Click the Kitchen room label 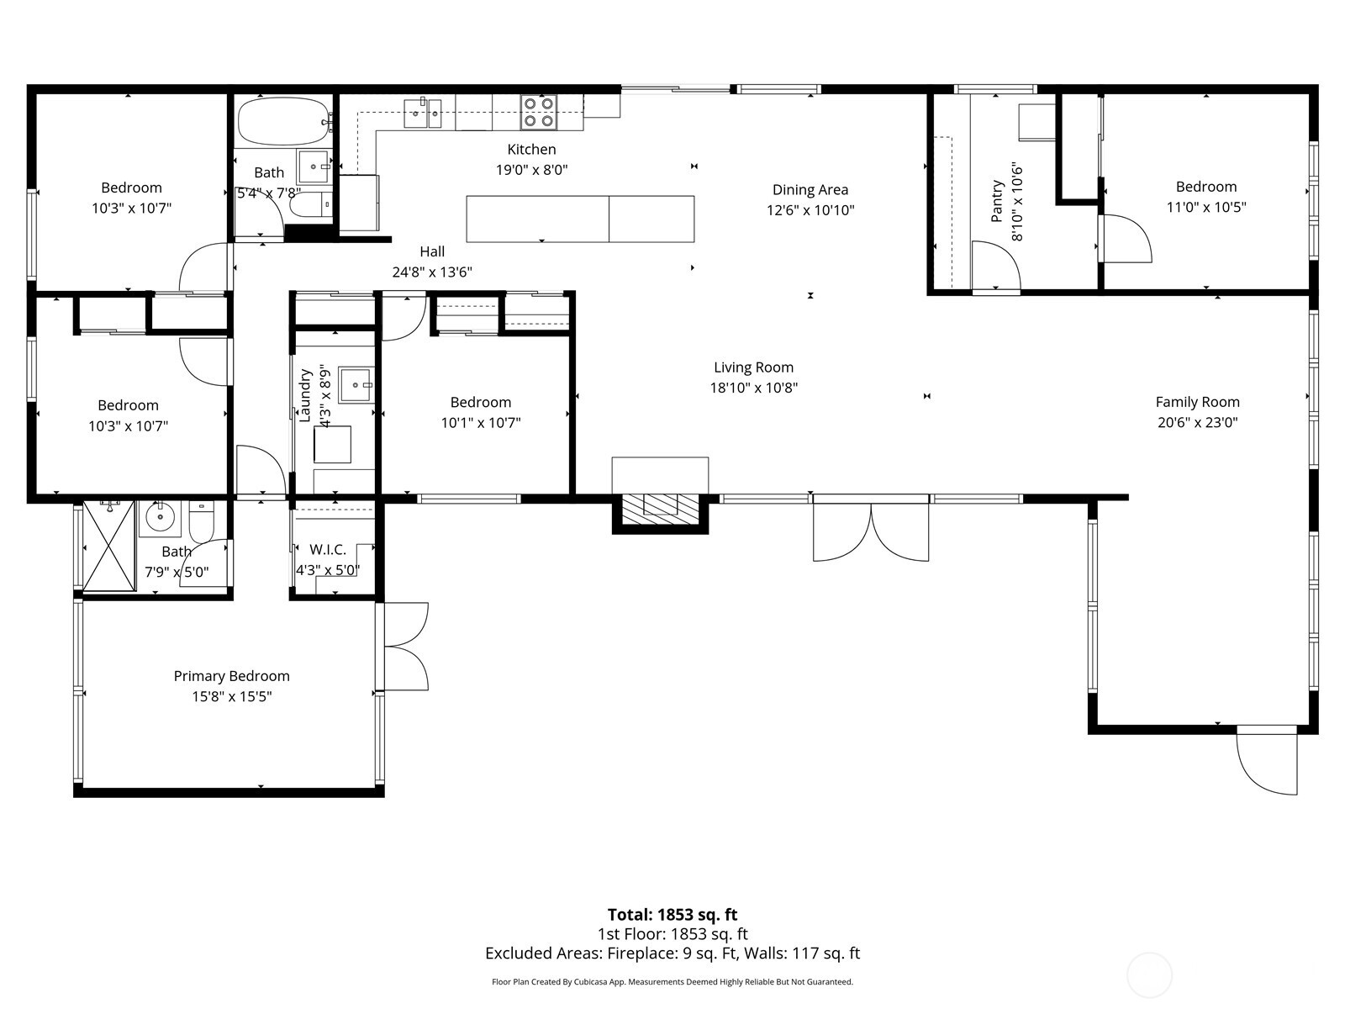tap(531, 150)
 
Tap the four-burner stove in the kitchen tap(538, 112)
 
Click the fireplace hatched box tap(660, 504)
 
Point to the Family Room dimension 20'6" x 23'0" tap(1197, 423)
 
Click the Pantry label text tap(997, 201)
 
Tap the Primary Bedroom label tap(231, 676)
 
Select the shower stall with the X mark tap(109, 546)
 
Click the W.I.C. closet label tap(327, 550)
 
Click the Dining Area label tap(810, 190)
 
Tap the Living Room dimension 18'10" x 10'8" tap(753, 388)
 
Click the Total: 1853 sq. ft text tap(672, 914)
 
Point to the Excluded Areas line tap(672, 954)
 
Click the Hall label tap(432, 251)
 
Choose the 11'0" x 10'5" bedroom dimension tap(1205, 208)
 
